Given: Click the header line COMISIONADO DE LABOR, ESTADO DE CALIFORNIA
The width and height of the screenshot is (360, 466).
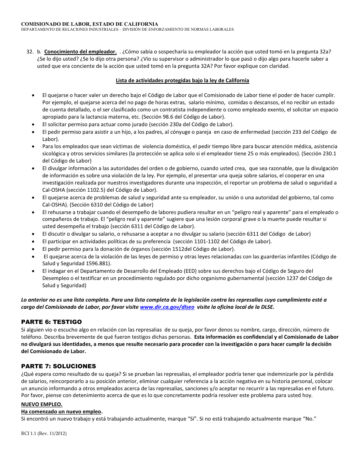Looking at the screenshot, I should click(x=89, y=24).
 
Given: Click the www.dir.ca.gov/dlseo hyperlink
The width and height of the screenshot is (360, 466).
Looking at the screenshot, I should click(x=167, y=307).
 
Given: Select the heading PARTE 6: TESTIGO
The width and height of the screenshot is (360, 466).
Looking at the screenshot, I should click(x=51, y=322).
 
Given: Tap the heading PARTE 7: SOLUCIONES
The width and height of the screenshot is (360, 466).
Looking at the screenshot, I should click(x=58, y=366).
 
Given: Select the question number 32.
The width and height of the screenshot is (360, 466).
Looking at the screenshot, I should click(x=30, y=52).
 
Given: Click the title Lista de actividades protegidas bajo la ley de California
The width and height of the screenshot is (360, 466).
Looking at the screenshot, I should click(x=182, y=80).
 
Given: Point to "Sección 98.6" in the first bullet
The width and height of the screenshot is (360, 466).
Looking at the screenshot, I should click(x=157, y=117).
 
